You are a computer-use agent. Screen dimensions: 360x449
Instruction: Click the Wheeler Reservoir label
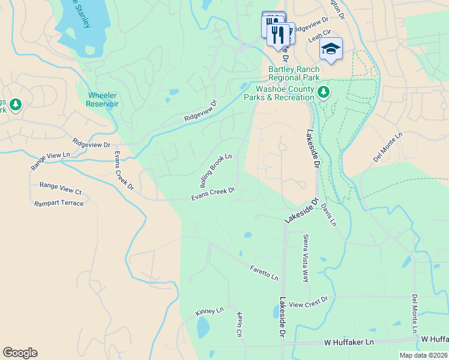[103, 100]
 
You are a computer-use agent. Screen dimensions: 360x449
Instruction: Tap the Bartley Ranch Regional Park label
[294, 73]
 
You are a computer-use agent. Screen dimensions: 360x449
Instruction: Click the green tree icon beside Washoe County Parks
[324, 92]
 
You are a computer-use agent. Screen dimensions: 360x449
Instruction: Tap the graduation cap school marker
[331, 48]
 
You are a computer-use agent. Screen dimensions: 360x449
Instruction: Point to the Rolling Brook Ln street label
[215, 169]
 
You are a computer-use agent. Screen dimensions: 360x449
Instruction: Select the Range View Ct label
[60, 188]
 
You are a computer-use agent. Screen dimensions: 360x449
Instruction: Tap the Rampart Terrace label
[59, 203]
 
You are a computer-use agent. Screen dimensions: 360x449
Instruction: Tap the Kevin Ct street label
[239, 324]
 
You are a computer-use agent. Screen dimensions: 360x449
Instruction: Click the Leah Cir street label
[319, 36]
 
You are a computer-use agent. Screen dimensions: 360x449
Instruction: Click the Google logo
[20, 353]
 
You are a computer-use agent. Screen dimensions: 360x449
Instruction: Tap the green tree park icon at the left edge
[14, 106]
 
